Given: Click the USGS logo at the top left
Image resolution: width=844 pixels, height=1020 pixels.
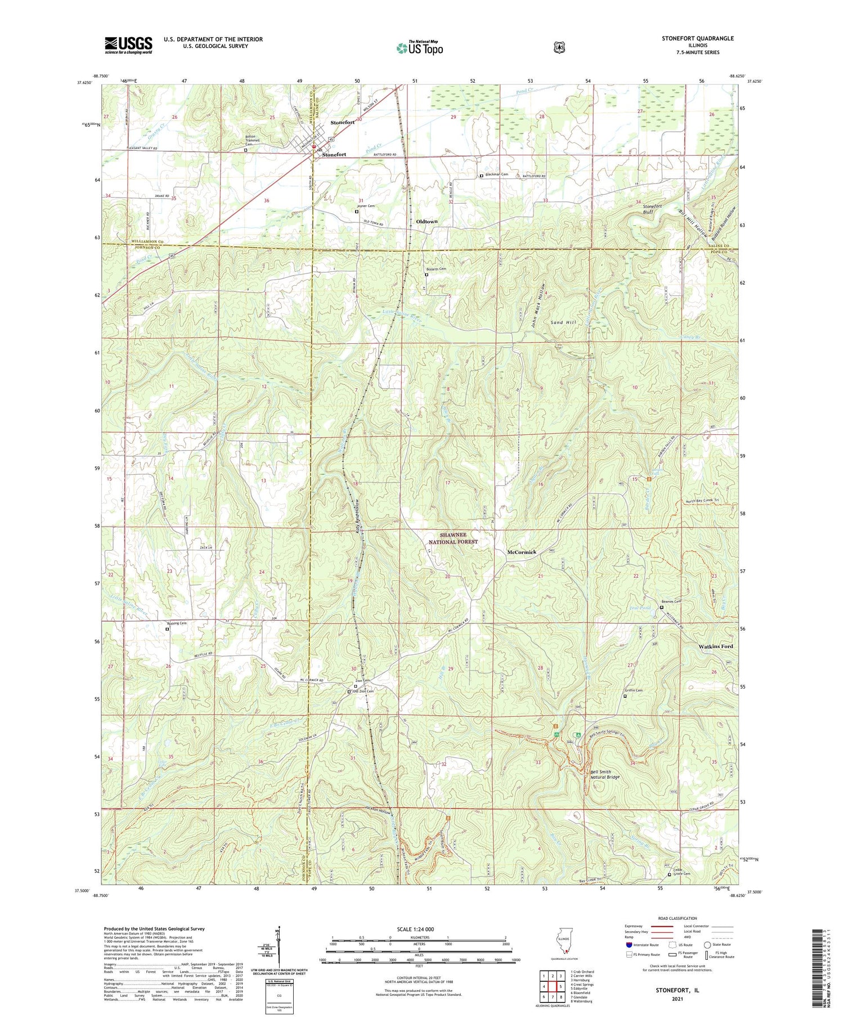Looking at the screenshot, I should point(128,45).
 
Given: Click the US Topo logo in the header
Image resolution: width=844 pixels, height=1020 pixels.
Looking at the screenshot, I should point(419,48).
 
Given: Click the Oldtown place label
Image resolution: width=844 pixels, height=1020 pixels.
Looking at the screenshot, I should point(427,222).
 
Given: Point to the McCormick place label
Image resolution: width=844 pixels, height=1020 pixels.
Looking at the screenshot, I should point(522,552).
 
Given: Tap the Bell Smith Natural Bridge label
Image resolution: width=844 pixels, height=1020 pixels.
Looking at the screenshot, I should point(604,774).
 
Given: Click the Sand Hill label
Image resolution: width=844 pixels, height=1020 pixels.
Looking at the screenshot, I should point(563,323).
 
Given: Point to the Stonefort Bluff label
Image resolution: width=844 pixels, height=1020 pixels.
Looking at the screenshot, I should point(652,209).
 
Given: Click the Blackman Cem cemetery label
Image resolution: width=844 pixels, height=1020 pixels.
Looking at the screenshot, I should point(496,174).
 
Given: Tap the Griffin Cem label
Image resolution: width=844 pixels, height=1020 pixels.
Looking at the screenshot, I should point(633,691).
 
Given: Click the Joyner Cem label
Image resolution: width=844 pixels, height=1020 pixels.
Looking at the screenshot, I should point(366,206).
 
